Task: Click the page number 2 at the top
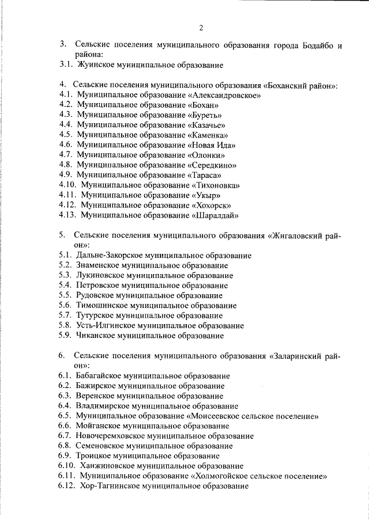pos(201,28)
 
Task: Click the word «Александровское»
pos(221,95)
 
